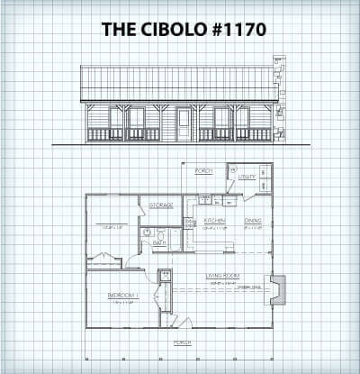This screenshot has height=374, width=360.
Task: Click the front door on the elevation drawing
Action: point(184,124)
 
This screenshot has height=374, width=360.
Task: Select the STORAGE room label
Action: point(161,205)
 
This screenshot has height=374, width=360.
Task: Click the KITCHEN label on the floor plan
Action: point(214,220)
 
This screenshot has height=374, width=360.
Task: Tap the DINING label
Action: point(253,220)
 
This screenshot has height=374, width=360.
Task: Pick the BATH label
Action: point(159,242)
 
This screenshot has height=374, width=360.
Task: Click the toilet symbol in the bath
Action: point(147,233)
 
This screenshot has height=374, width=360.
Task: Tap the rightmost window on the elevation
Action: point(241,118)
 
